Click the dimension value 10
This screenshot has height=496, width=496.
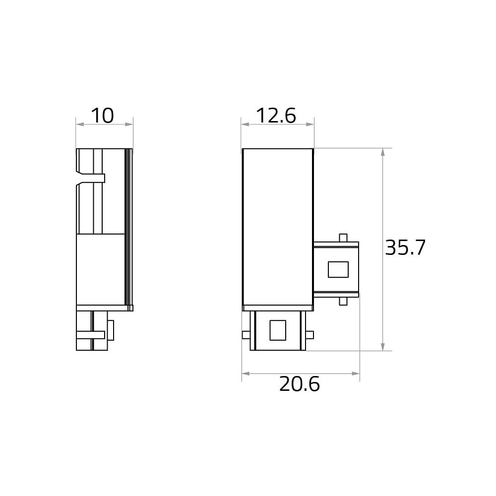(102, 116)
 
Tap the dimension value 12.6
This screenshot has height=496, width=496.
(276, 116)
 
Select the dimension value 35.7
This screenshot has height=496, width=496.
(405, 248)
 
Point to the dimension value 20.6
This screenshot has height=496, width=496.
(299, 384)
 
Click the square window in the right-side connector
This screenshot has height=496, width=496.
(338, 269)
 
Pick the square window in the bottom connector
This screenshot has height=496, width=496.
(278, 330)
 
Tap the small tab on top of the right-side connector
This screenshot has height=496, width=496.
(343, 238)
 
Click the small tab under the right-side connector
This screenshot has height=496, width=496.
(343, 301)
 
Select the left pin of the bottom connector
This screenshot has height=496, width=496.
(246, 335)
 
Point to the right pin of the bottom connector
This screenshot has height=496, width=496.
(310, 335)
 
